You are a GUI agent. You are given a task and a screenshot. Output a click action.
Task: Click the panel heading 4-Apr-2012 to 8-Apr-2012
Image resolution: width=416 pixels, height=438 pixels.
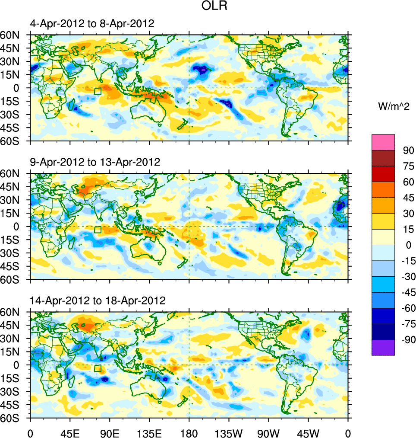(x=92, y=24)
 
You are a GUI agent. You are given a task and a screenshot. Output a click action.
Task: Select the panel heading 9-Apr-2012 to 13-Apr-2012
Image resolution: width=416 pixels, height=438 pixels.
(x=95, y=162)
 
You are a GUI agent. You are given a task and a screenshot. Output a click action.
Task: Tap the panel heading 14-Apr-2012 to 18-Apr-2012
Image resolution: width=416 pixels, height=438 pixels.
(x=98, y=301)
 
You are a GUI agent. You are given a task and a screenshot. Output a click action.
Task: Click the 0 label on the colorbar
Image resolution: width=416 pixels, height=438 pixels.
(x=408, y=245)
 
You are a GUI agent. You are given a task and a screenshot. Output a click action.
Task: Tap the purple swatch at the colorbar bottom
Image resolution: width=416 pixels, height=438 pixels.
(x=383, y=347)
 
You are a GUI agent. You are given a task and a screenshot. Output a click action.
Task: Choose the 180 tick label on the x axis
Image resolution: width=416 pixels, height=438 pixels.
(x=189, y=432)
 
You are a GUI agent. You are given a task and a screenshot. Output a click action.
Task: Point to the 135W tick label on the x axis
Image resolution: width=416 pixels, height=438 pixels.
(x=229, y=432)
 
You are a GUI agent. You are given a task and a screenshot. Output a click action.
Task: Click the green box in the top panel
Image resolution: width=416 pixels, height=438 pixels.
(x=98, y=91)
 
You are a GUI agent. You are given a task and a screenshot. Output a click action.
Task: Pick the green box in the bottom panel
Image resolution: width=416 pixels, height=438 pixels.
(x=98, y=368)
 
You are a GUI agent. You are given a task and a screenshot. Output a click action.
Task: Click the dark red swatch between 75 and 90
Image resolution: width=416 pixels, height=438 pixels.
(x=383, y=158)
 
